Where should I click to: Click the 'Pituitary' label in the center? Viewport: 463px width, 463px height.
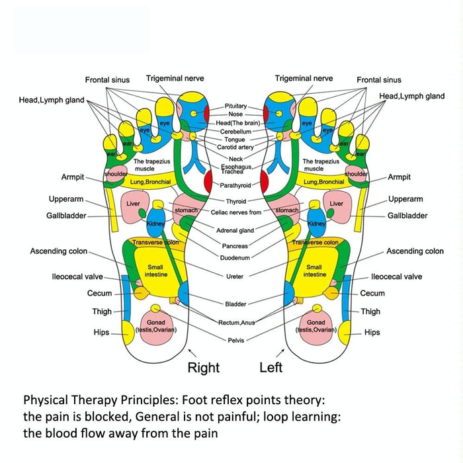pyautogui.click(x=235, y=106)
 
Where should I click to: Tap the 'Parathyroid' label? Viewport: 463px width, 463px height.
pyautogui.click(x=236, y=185)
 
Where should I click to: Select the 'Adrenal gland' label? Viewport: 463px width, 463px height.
pyautogui.click(x=235, y=231)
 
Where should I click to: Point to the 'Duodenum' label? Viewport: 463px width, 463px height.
pyautogui.click(x=235, y=257)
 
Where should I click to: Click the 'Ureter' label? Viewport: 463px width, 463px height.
pyautogui.click(x=235, y=276)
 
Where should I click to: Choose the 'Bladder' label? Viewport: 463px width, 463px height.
pyautogui.click(x=235, y=304)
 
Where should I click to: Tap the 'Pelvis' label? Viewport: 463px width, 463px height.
pyautogui.click(x=235, y=340)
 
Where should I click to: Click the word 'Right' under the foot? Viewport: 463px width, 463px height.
pyautogui.click(x=203, y=368)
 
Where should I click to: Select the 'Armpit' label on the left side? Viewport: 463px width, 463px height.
pyautogui.click(x=72, y=177)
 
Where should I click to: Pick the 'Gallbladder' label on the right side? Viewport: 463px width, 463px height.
pyautogui.click(x=407, y=216)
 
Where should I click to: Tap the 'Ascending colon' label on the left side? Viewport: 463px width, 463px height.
pyautogui.click(x=59, y=251)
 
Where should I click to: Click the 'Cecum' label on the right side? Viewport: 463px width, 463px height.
pyautogui.click(x=372, y=293)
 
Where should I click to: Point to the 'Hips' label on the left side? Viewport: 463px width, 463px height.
pyautogui.click(x=101, y=333)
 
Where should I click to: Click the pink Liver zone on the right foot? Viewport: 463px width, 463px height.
pyautogui.click(x=134, y=204)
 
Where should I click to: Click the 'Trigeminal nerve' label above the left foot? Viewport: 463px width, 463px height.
pyautogui.click(x=304, y=78)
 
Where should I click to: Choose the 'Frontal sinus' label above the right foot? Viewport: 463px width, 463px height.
pyautogui.click(x=107, y=80)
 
